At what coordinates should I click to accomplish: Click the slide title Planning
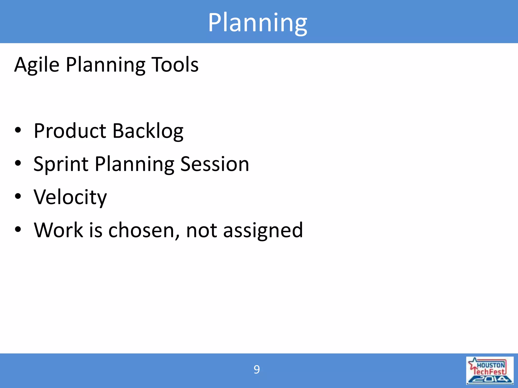(257, 23)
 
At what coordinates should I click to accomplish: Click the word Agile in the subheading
(37, 65)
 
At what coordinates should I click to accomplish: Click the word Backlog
(148, 131)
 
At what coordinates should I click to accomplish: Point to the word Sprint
(61, 164)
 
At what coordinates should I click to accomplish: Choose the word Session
(215, 164)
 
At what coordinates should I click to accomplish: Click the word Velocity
(70, 197)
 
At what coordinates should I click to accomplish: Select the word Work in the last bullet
(58, 230)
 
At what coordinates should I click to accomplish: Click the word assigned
(263, 231)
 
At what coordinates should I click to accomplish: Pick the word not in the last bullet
(201, 230)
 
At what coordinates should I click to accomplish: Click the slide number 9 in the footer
(256, 370)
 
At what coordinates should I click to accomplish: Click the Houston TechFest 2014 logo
(490, 370)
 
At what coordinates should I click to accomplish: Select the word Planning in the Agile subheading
(105, 65)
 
